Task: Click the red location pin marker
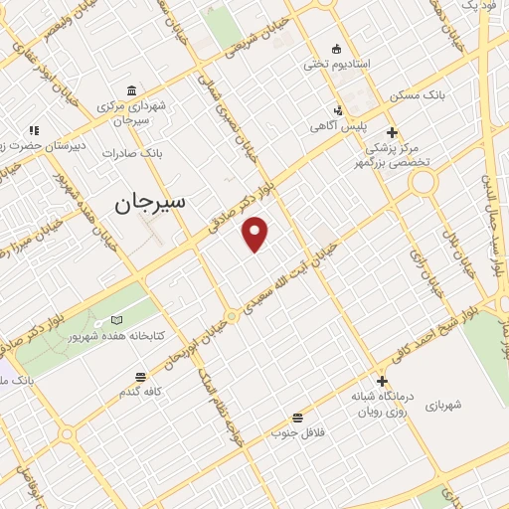point(255,234)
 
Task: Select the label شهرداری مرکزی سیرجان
point(131,112)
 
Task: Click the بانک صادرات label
point(138,154)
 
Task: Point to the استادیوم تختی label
point(337,64)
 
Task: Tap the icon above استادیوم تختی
point(337,48)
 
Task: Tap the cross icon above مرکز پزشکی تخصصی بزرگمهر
point(393,131)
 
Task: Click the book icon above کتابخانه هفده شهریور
point(118,320)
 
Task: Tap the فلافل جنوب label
point(297,433)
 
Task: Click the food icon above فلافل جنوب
point(297,418)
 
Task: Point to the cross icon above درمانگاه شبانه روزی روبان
point(382,381)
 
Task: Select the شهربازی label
point(442,405)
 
